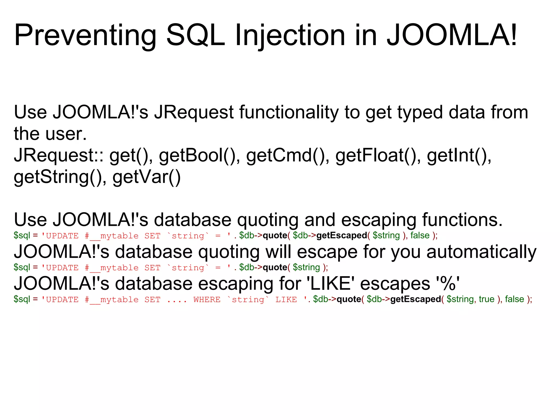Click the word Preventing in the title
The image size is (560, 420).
85,36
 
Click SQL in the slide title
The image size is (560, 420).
196,36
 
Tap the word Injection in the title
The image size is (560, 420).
290,36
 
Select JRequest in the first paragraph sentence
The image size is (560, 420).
194,112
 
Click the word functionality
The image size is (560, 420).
289,112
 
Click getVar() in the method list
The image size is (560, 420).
147,177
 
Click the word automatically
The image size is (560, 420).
481,252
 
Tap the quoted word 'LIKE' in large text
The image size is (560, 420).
331,284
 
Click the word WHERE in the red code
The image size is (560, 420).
207,300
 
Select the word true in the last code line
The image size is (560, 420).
486,299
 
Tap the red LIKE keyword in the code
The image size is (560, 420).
286,300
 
